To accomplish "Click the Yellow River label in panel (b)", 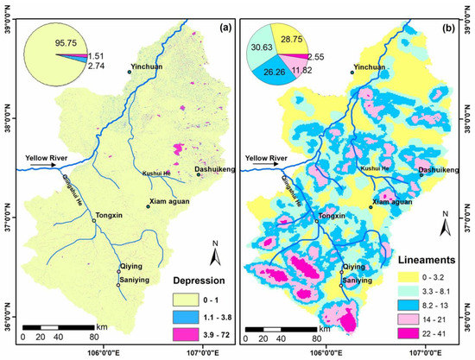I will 268,158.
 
